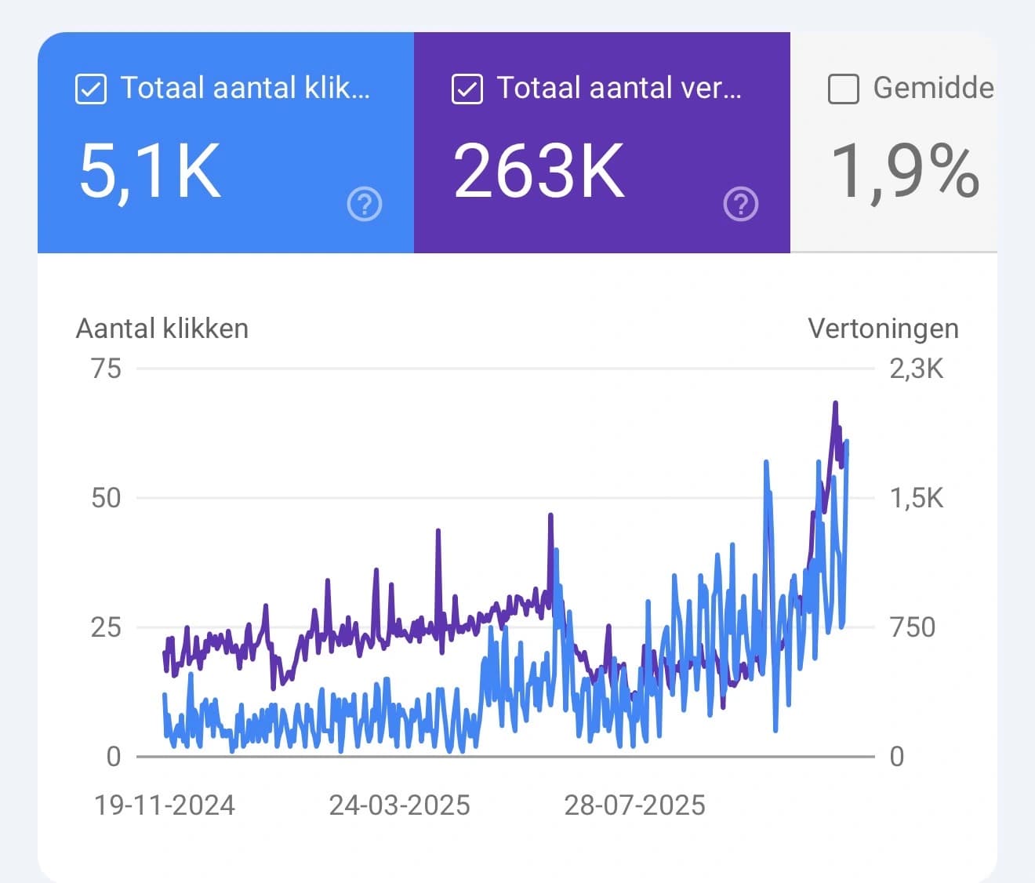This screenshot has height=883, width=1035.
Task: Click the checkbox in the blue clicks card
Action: click(x=90, y=89)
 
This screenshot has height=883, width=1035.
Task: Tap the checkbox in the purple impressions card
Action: click(x=467, y=89)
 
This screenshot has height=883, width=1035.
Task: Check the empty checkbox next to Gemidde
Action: click(x=843, y=89)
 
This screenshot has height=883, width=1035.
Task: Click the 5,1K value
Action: click(x=150, y=171)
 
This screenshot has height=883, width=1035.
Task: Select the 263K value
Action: click(x=539, y=171)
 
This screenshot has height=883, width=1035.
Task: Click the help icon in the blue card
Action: click(x=364, y=205)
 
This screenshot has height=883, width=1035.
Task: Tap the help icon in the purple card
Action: click(x=741, y=205)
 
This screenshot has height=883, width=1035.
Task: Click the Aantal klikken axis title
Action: click(x=162, y=329)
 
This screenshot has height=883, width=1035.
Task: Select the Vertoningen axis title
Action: click(x=883, y=329)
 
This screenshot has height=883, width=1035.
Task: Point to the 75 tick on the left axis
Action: click(x=106, y=369)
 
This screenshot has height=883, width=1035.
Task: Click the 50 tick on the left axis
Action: click(x=106, y=498)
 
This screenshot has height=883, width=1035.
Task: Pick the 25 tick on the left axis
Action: click(x=106, y=627)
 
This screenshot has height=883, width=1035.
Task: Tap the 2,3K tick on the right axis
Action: click(x=916, y=369)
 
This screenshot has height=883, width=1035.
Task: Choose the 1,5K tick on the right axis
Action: click(x=916, y=498)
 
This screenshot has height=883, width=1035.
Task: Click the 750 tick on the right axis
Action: click(x=912, y=627)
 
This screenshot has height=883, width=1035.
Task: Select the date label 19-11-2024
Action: click(x=165, y=805)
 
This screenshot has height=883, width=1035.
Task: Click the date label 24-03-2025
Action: click(x=399, y=805)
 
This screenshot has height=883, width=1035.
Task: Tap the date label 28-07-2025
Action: click(x=634, y=805)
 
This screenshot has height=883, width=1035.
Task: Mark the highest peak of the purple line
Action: click(x=835, y=403)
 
